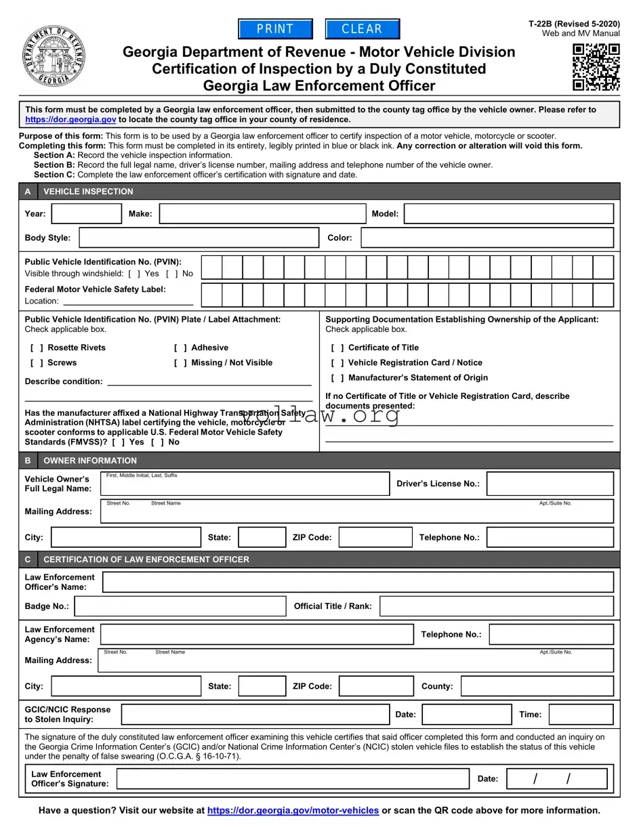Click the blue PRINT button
coord(275,29)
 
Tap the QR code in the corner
coord(596,67)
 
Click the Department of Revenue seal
coord(54,56)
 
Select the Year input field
coord(87,214)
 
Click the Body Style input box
coord(199,238)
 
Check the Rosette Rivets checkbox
coord(37,347)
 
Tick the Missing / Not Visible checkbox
coord(180,362)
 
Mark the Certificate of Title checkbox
coord(337,347)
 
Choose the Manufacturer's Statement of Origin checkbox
coord(337,378)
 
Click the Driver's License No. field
coord(550,484)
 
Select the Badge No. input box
coord(180,606)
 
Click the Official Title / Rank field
coord(496,606)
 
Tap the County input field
coord(537,686)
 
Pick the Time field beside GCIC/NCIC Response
coord(581,715)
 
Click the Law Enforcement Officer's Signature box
coord(293,779)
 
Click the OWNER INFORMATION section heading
coord(90,461)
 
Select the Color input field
coord(487,238)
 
